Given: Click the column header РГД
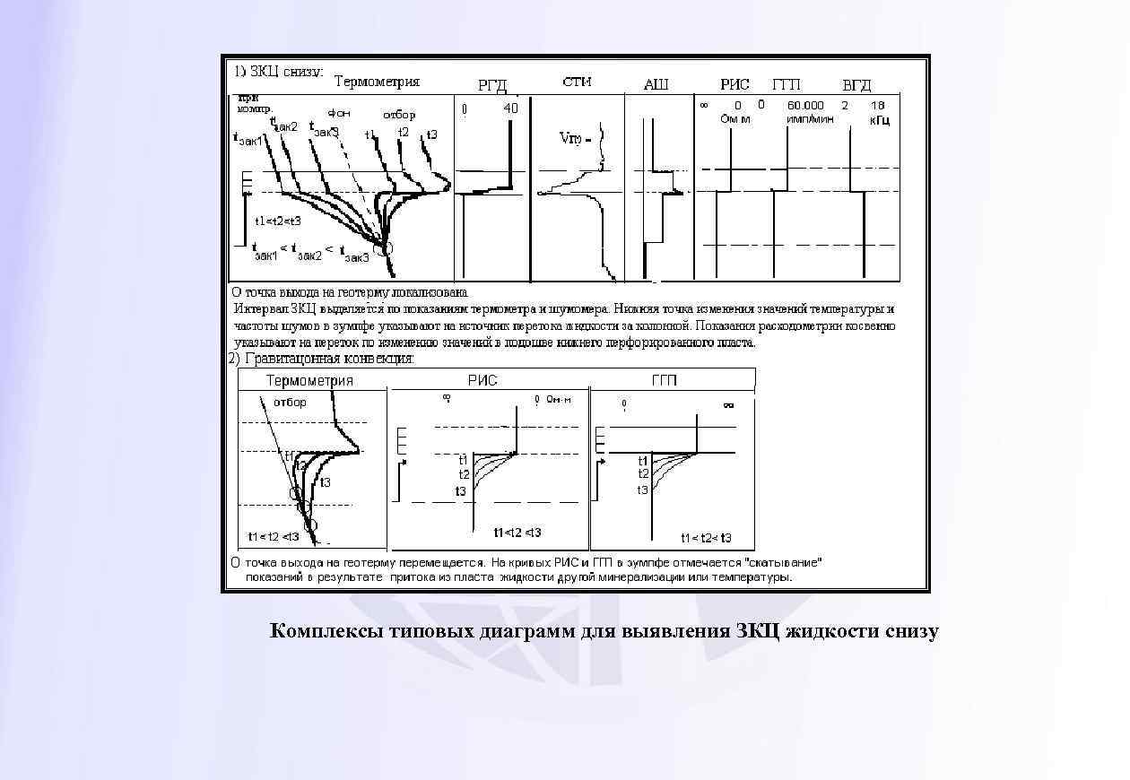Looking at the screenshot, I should pyautogui.click(x=492, y=86).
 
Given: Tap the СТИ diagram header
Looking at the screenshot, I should pyautogui.click(x=577, y=82).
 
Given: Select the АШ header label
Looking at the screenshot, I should pyautogui.click(x=656, y=85).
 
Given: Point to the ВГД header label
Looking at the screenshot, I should pyautogui.click(x=856, y=85).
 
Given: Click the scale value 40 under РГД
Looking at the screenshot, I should pyautogui.click(x=510, y=108).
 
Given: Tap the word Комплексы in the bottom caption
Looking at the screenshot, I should pyautogui.click(x=328, y=631).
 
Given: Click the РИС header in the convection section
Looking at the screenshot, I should pyautogui.click(x=482, y=380).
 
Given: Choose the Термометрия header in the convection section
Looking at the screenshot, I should pyautogui.click(x=309, y=380).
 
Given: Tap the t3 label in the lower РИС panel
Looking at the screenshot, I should pyautogui.click(x=460, y=491).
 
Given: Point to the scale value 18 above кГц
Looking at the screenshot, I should pyautogui.click(x=878, y=105).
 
